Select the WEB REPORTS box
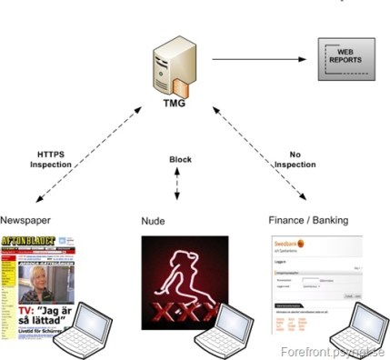click(x=343, y=61)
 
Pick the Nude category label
click(x=152, y=221)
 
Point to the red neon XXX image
click(x=178, y=282)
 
